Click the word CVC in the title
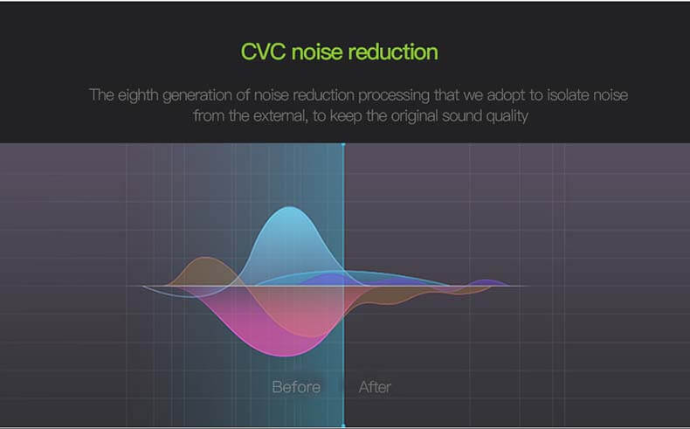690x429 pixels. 264,52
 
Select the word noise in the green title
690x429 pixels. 317,52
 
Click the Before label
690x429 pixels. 296,387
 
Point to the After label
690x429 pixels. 375,387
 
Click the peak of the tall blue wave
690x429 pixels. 289,207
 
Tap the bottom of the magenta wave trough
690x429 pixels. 286,356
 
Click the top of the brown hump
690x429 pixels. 204,258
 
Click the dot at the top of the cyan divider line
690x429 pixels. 343,144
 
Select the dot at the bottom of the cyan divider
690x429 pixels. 343,426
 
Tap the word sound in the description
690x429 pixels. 462,116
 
